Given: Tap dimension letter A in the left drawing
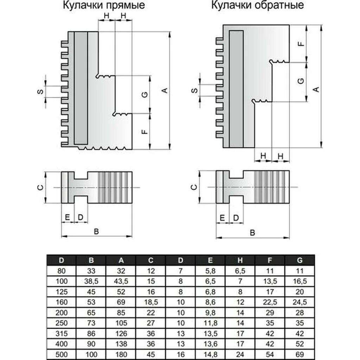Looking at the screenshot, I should pos(164,90).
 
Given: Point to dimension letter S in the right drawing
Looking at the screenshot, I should pos(194,90).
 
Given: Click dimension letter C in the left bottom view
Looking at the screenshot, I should pos(41,187).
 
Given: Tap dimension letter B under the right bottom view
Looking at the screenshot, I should pos(252,232).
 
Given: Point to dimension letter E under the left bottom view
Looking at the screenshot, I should pos(67,217).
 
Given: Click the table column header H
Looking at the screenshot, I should pos(240,261).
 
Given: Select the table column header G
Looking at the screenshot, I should pos(300,261).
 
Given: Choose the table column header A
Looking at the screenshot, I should pos(121,261).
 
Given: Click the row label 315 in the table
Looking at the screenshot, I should pos(62,333).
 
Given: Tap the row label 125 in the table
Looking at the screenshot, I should pos(62,292).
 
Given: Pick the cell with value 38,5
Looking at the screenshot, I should pos(91,281).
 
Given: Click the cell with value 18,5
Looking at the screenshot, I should pos(151,302).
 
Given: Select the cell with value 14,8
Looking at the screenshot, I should pos(210,354).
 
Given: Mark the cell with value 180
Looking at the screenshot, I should pos(121,354).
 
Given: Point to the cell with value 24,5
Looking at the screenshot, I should pos(300,302).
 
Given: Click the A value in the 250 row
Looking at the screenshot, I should pos(121,323).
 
